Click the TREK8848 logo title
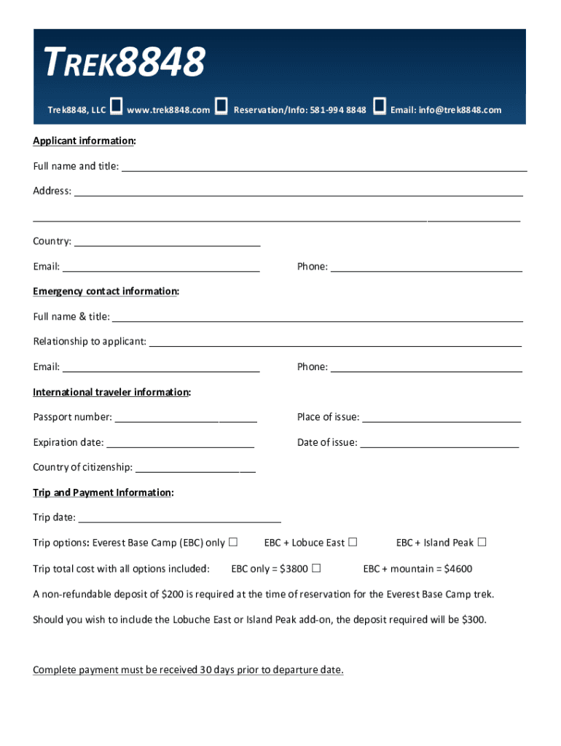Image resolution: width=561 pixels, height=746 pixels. [125, 63]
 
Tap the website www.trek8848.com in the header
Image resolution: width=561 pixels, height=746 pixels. [168, 110]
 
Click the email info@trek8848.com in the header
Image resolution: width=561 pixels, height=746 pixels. [446, 110]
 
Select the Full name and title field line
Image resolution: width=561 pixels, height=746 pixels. [324, 168]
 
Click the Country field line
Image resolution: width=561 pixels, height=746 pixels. [168, 244]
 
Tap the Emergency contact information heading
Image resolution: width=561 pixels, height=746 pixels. [106, 291]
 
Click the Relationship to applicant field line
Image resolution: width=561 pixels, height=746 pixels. [335, 344]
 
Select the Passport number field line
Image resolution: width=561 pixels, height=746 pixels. [186, 420]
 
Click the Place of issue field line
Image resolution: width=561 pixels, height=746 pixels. [442, 420]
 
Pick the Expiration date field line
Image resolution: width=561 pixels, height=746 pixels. [180, 444]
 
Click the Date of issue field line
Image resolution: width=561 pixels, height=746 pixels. [439, 444]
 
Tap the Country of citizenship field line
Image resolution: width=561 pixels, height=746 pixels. [195, 470]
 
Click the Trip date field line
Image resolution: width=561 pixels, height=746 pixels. [179, 520]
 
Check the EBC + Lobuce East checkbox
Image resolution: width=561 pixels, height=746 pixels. [353, 542]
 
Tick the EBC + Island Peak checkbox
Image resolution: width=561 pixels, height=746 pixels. [482, 542]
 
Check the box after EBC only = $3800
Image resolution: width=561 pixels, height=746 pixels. [316, 568]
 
